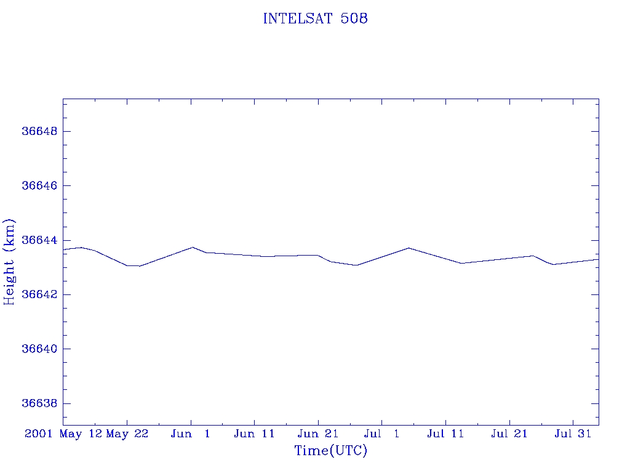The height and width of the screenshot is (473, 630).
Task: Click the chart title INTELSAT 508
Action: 315,19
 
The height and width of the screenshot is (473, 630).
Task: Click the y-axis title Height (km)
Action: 10,261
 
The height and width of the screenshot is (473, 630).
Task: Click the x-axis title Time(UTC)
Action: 331,451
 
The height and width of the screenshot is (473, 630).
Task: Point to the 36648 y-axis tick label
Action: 39,132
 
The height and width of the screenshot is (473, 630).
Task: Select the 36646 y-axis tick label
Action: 39,186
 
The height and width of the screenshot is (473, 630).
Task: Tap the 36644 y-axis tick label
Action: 39,240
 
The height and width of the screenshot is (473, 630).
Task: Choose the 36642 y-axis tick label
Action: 39,294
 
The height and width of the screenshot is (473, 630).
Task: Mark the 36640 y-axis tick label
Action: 39,349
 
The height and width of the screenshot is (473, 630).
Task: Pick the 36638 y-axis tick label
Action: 39,403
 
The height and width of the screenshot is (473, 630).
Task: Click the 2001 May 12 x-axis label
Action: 63,434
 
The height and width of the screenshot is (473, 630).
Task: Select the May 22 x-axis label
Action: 127,434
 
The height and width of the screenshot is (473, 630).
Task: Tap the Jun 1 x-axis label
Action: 191,434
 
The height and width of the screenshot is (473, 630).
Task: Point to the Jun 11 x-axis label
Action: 254,434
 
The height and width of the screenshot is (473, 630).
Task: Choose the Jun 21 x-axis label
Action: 318,434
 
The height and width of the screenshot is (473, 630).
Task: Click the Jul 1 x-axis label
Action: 381,434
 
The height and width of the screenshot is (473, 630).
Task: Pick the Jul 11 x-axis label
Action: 445,434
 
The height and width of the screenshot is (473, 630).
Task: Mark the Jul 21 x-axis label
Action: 509,434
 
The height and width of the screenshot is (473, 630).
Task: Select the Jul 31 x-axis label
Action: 573,434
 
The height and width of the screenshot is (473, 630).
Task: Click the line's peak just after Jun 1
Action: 193,247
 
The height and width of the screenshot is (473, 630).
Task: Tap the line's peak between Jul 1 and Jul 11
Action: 409,248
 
